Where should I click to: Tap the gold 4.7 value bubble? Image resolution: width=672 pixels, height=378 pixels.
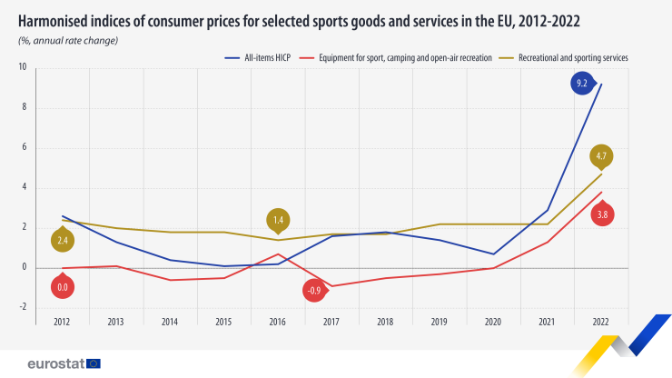(600, 156)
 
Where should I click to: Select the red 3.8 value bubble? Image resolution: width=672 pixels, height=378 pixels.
(600, 214)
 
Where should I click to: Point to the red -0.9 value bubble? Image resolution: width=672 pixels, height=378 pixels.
(314, 291)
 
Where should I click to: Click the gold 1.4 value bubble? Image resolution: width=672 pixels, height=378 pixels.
(278, 220)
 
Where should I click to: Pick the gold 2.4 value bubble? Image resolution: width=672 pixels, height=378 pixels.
(63, 241)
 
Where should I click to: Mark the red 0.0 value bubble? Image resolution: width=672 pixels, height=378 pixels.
(63, 287)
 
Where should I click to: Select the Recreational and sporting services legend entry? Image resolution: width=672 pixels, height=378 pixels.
(572, 57)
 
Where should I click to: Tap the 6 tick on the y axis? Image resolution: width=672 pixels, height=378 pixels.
(24, 148)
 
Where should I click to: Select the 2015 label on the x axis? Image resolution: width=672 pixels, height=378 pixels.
(224, 322)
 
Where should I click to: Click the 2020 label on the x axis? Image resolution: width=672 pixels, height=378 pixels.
(494, 322)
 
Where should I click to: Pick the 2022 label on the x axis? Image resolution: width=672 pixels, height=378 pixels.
(601, 322)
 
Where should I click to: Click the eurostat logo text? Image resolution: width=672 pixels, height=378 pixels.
(56, 363)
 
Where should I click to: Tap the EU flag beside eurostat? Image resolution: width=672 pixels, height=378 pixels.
(94, 363)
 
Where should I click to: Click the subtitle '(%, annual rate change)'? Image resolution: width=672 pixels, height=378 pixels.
(67, 40)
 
